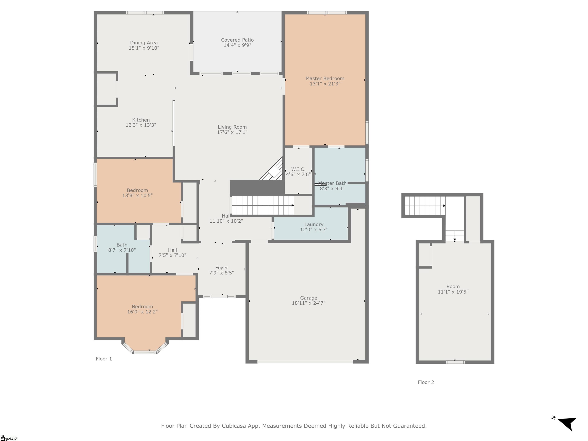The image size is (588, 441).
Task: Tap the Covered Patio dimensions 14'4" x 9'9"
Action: tap(237, 45)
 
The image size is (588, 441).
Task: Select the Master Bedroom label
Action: tap(325, 78)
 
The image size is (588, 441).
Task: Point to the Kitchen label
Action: tap(141, 120)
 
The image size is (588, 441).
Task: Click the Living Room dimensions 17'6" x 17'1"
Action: tap(232, 132)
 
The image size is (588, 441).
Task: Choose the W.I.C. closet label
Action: tap(298, 169)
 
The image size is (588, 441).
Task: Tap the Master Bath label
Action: tap(332, 183)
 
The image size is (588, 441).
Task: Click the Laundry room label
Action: tap(314, 224)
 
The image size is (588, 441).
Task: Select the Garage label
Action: tap(309, 298)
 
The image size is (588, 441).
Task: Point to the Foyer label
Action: tap(222, 268)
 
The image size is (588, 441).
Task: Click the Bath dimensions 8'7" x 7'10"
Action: tap(122, 250)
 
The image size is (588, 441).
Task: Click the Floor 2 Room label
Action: tap(453, 287)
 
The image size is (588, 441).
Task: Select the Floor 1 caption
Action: tap(104, 359)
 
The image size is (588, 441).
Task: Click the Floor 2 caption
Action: tap(426, 382)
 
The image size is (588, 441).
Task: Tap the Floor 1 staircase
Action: tap(263, 205)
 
